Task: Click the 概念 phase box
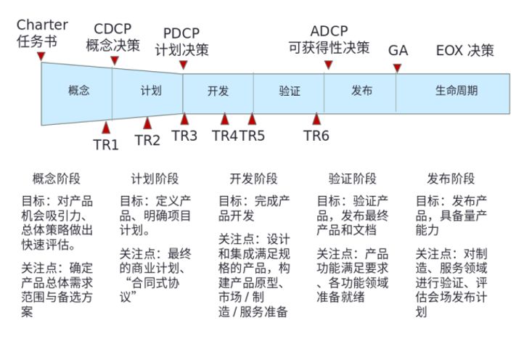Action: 78,91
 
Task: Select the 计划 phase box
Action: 151,91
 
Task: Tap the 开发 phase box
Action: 218,91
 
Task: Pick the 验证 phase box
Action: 289,91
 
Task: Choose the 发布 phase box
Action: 361,91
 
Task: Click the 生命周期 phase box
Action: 456,91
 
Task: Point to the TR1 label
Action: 106,144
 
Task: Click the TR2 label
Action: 147,140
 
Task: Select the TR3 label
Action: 184,135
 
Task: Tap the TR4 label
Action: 224,135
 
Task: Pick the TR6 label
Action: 316,135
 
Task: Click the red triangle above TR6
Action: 316,119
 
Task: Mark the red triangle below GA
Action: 397,68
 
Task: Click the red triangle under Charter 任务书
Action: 41,56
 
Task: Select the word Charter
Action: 42,25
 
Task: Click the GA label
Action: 398,51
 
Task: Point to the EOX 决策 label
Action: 465,51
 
